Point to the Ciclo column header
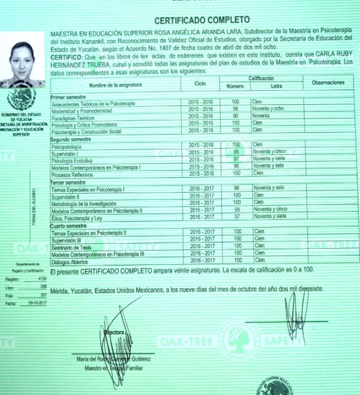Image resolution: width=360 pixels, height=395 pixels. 200,83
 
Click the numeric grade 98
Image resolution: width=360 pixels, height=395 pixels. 235,110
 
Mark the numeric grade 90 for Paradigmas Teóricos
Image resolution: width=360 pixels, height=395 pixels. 235,116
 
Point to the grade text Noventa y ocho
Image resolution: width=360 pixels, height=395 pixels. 268,110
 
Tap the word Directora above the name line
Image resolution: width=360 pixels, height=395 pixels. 115,332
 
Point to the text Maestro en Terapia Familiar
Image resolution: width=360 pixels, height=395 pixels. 116,368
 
